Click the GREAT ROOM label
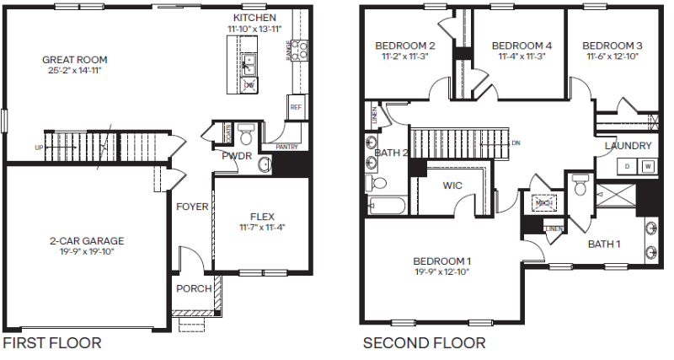75,60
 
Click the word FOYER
191,206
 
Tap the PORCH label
193,289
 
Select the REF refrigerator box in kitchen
295,108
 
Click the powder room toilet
246,134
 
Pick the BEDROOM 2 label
405,46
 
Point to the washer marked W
647,166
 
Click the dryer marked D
628,166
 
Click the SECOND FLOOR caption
424,343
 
